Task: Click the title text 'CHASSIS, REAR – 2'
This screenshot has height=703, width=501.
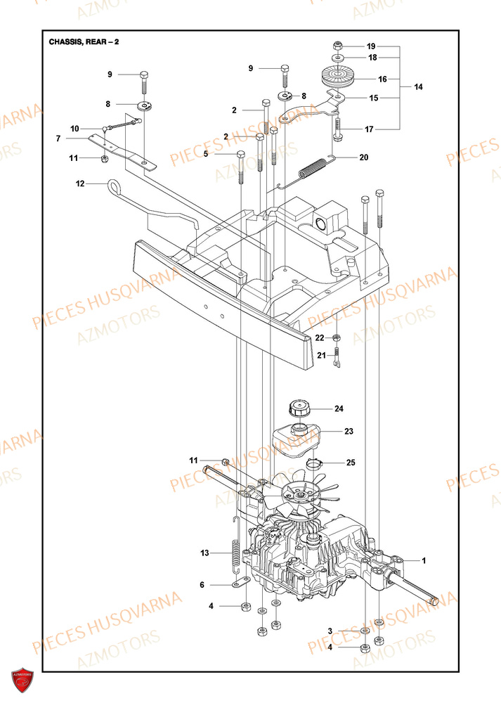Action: tap(84, 41)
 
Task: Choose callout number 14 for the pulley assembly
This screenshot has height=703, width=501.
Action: tap(418, 87)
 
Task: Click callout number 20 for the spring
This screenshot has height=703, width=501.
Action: tap(363, 157)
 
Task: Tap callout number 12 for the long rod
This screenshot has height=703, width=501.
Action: tap(80, 183)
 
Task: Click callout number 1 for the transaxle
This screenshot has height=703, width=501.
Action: tap(424, 560)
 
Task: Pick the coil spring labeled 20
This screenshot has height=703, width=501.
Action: tap(314, 168)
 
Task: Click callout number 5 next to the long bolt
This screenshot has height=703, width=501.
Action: tap(206, 153)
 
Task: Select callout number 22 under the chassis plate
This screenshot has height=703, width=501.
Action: tap(320, 337)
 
